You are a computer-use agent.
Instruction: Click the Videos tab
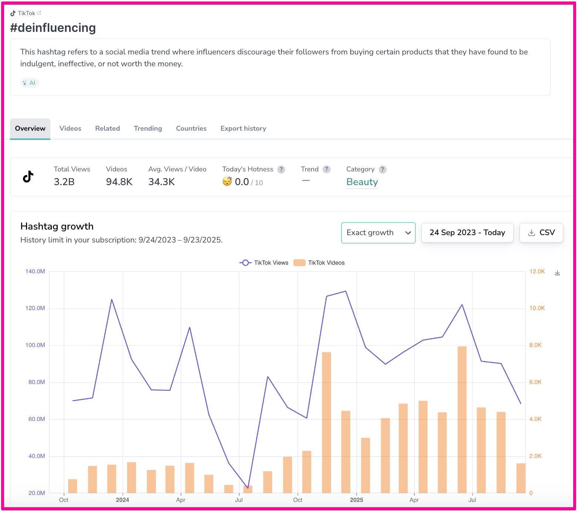pyautogui.click(x=70, y=128)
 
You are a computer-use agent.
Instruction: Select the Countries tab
pyautogui.click(x=191, y=128)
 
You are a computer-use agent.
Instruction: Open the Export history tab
pyautogui.click(x=243, y=128)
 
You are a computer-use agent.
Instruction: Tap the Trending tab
pyautogui.click(x=148, y=128)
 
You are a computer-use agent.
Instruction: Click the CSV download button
pyautogui.click(x=541, y=232)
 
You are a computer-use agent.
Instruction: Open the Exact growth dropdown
pyautogui.click(x=378, y=232)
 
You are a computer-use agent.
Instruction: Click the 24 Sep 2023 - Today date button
pyautogui.click(x=467, y=232)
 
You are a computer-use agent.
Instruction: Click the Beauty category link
pyautogui.click(x=362, y=182)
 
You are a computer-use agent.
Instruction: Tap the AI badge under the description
pyautogui.click(x=30, y=83)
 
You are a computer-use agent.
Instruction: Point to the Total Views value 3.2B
pyautogui.click(x=64, y=182)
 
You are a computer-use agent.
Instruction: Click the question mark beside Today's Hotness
pyautogui.click(x=281, y=170)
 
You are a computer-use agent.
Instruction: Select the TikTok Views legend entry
pyautogui.click(x=264, y=263)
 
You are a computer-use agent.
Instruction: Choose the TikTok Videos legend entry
pyautogui.click(x=319, y=263)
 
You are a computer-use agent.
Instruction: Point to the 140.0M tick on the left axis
pyautogui.click(x=35, y=271)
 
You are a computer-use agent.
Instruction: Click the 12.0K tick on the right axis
pyautogui.click(x=537, y=271)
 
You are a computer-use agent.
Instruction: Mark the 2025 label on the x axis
pyautogui.click(x=356, y=500)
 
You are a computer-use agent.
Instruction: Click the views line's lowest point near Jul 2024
pyautogui.click(x=248, y=488)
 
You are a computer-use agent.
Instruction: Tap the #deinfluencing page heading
pyautogui.click(x=53, y=28)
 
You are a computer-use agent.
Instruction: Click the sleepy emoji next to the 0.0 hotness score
pyautogui.click(x=227, y=181)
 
